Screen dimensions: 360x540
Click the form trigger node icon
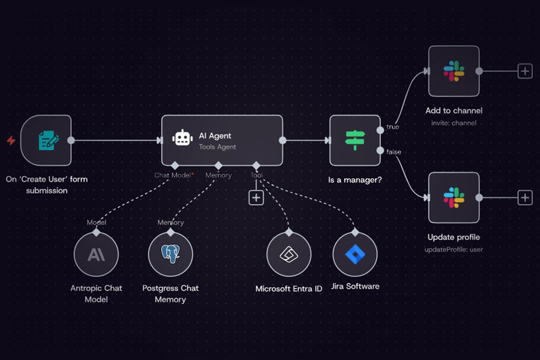pos(48,141)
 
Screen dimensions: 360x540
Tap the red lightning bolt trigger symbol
pos(11,141)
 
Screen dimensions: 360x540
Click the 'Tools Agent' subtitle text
pos(218,147)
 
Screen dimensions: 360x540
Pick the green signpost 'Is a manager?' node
pos(355,140)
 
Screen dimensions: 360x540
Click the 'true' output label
pos(393,127)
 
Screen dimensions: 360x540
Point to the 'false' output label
pos(394,152)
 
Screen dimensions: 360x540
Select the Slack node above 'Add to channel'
pos(454,71)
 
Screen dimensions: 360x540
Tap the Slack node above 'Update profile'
pos(454,197)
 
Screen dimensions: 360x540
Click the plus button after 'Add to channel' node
pos(525,71)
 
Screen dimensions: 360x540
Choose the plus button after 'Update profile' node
pos(525,197)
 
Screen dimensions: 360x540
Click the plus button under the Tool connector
pos(256,197)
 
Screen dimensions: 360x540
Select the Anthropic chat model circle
pos(96,255)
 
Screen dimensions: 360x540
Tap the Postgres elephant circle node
pos(170,255)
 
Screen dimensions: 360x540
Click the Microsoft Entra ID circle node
pos(289,255)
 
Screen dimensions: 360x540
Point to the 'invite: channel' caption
pos(454,123)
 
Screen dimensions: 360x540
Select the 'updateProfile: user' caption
pos(454,250)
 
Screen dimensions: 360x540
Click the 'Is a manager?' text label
pos(355,180)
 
